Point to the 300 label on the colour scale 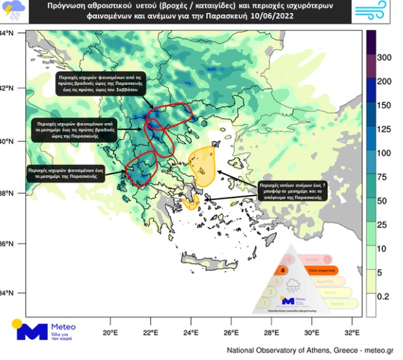click(x=384, y=58)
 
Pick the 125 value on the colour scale click(x=384, y=129)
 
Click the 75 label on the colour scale click(x=382, y=177)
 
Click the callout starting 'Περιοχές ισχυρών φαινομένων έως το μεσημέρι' click(x=66, y=173)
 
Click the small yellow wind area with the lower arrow click(x=190, y=203)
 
